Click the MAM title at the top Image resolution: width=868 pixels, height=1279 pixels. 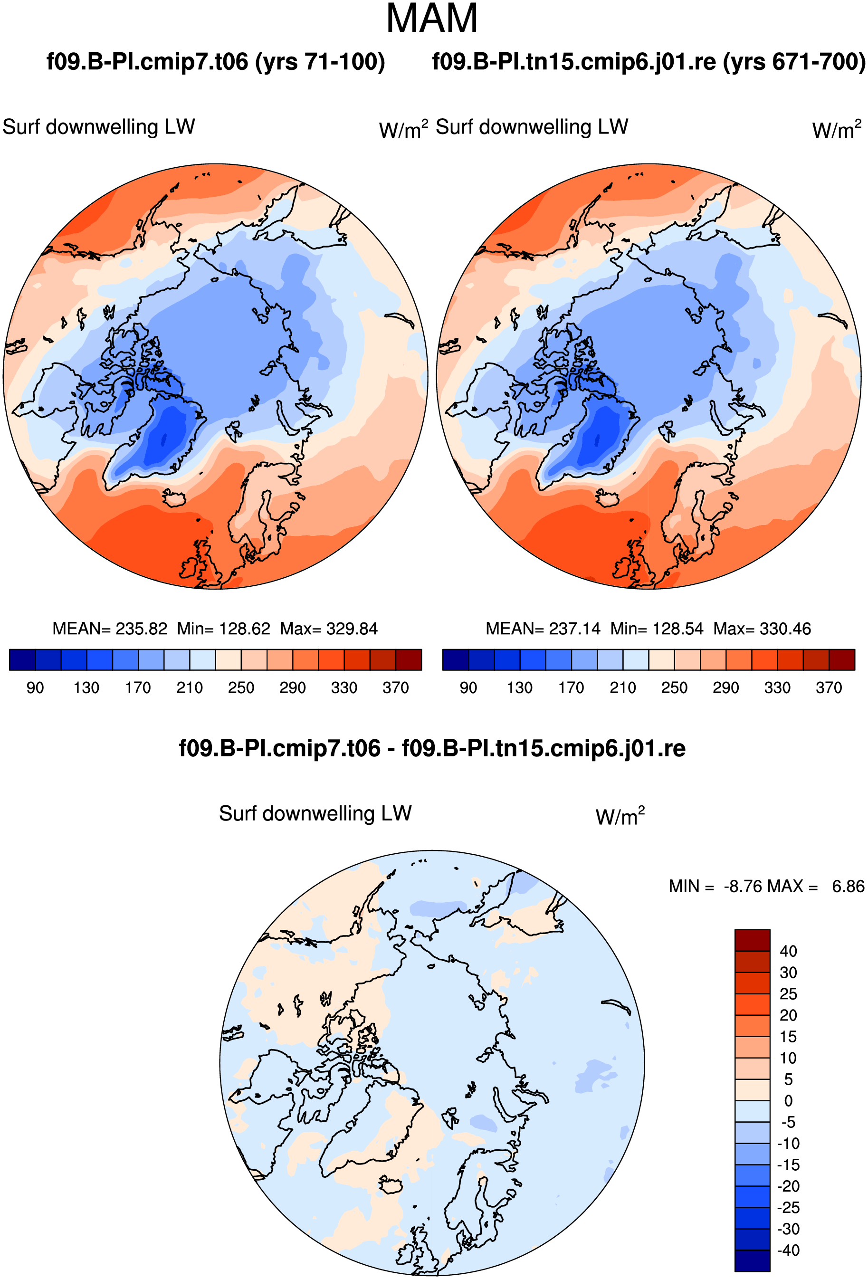pyautogui.click(x=431, y=19)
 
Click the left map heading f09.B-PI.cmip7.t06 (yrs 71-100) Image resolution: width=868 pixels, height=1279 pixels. pyautogui.click(x=216, y=62)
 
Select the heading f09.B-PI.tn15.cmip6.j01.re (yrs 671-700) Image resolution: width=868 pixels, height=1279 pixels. pyautogui.click(x=649, y=62)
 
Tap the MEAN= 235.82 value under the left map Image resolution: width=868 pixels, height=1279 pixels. pyautogui.click(x=110, y=629)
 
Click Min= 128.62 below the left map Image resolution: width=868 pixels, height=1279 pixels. pyautogui.click(x=223, y=629)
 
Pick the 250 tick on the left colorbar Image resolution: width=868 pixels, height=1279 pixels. pyautogui.click(x=241, y=688)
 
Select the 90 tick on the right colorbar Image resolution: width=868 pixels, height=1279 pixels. pyautogui.click(x=468, y=688)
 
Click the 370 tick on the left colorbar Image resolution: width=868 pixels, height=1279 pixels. pyautogui.click(x=396, y=688)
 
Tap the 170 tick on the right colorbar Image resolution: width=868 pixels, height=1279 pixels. pyautogui.click(x=572, y=688)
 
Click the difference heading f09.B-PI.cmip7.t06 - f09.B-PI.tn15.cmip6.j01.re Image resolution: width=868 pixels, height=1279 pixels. pyautogui.click(x=432, y=748)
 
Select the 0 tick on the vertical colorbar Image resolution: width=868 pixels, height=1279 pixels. pyautogui.click(x=788, y=1100)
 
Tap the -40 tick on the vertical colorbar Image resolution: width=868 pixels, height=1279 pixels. pyautogui.click(x=788, y=1250)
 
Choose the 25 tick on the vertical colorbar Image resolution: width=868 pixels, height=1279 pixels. pyautogui.click(x=788, y=993)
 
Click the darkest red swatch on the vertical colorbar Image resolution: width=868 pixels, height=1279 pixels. pyautogui.click(x=752, y=940)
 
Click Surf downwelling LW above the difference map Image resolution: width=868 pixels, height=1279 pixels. pyautogui.click(x=315, y=813)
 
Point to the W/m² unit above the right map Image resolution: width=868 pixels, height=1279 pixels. pyautogui.click(x=837, y=129)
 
